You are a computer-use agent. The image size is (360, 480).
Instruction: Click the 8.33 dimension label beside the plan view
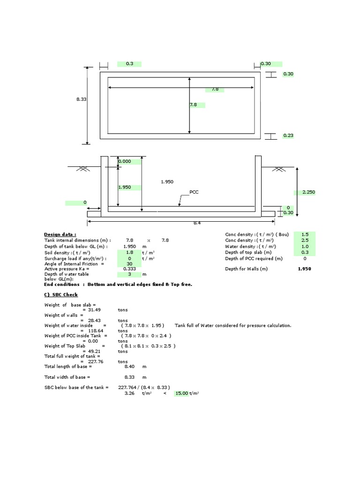(x=81, y=99)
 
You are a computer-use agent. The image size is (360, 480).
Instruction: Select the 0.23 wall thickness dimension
(x=288, y=135)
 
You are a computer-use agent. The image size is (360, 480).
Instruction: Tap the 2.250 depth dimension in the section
(x=309, y=192)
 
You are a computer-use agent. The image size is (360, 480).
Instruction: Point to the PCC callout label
(x=195, y=192)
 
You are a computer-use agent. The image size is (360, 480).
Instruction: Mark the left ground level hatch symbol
(x=84, y=168)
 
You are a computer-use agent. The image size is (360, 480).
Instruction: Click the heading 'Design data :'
(x=60, y=234)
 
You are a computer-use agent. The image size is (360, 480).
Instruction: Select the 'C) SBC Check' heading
(x=61, y=294)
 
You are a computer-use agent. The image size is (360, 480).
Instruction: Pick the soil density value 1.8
(x=129, y=252)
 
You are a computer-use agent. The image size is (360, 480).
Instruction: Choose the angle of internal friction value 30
(x=129, y=263)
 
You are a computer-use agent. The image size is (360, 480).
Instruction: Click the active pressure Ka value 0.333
(x=129, y=269)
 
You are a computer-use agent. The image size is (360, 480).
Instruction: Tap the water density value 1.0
(x=305, y=247)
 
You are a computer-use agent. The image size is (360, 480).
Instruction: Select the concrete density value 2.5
(x=305, y=240)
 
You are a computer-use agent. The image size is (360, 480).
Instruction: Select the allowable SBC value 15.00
(x=181, y=394)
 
